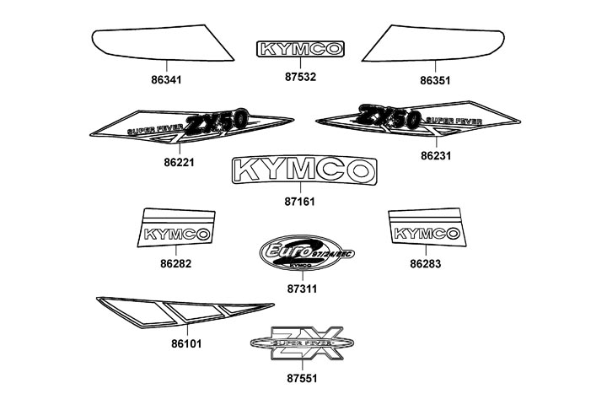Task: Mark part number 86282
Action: tap(175, 263)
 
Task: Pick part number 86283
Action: tap(425, 263)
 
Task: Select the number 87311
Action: tap(301, 288)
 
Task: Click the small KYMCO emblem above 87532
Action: tap(301, 49)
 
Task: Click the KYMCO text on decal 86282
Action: tap(177, 234)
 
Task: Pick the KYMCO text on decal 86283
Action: tap(426, 234)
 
